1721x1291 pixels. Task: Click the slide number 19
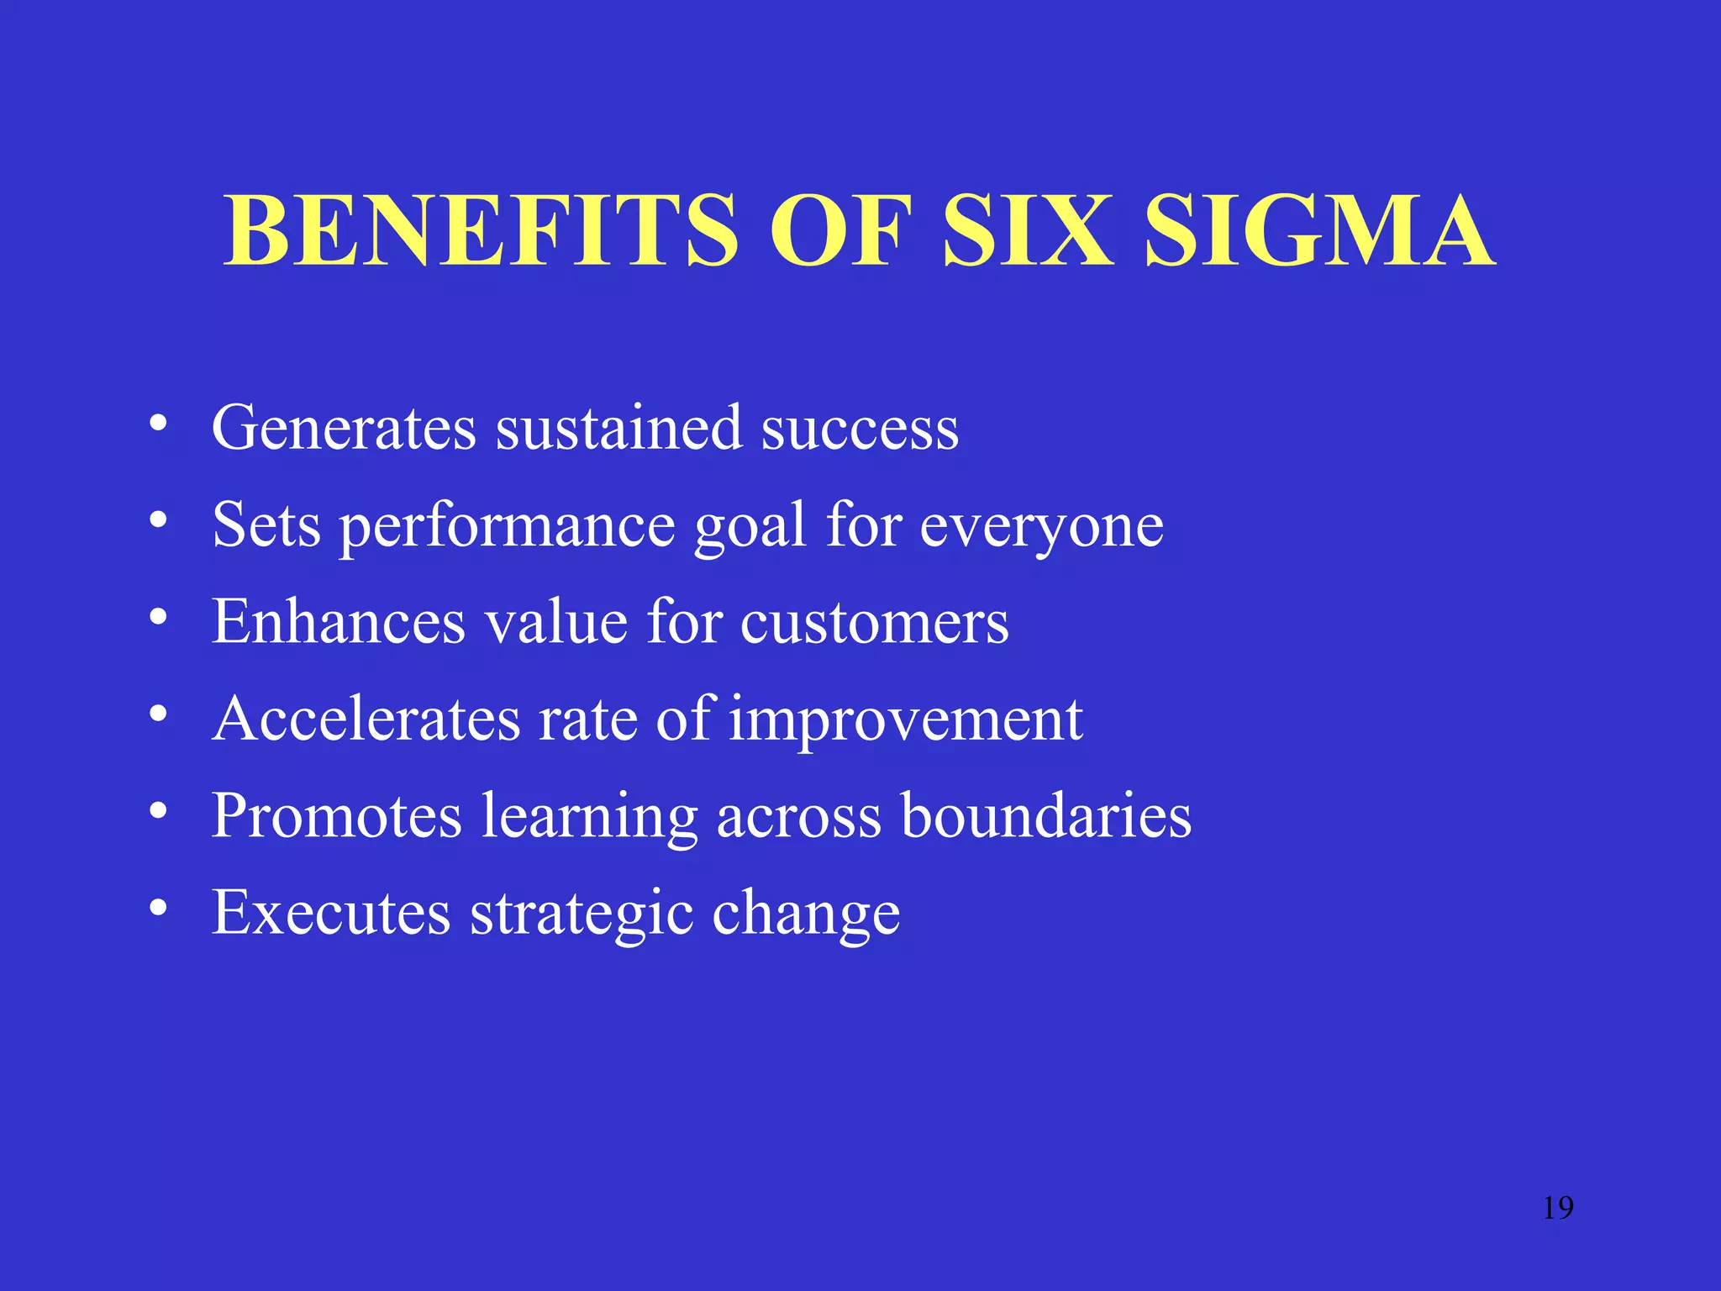click(x=1558, y=1208)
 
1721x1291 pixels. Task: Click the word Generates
click(x=344, y=428)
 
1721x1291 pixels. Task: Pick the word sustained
click(x=618, y=428)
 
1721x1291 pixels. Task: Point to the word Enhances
click(x=338, y=622)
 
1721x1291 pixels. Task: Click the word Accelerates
click(x=366, y=719)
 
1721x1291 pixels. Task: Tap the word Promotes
click(x=336, y=816)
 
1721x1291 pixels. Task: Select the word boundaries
click(x=1046, y=816)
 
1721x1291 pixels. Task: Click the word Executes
click(x=331, y=913)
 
